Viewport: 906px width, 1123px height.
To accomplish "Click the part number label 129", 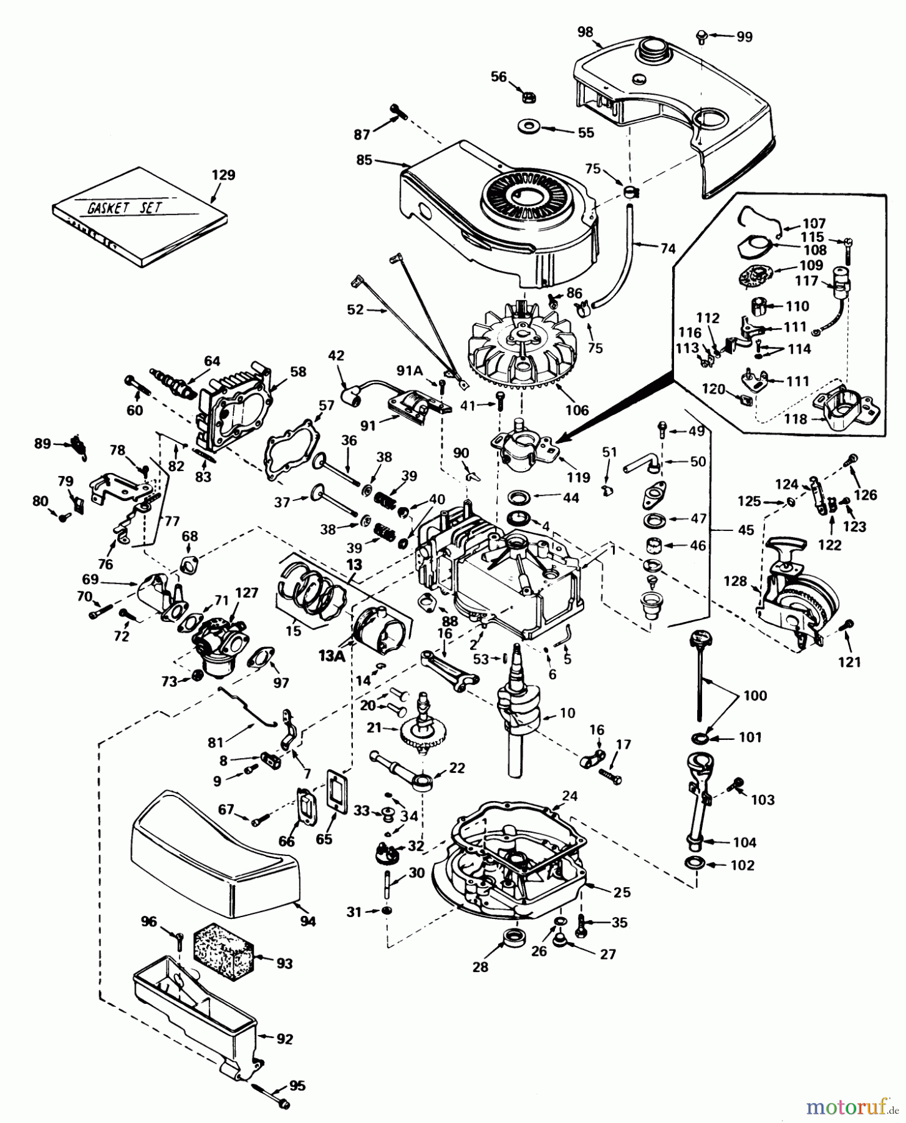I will click(223, 175).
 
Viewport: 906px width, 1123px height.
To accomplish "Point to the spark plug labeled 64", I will click(176, 382).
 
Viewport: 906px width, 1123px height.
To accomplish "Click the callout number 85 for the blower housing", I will click(364, 160).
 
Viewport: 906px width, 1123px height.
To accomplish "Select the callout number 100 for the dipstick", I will click(754, 695).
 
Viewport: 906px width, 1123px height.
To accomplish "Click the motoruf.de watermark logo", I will click(851, 1106).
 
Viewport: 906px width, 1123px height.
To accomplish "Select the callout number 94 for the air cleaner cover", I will click(307, 921).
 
